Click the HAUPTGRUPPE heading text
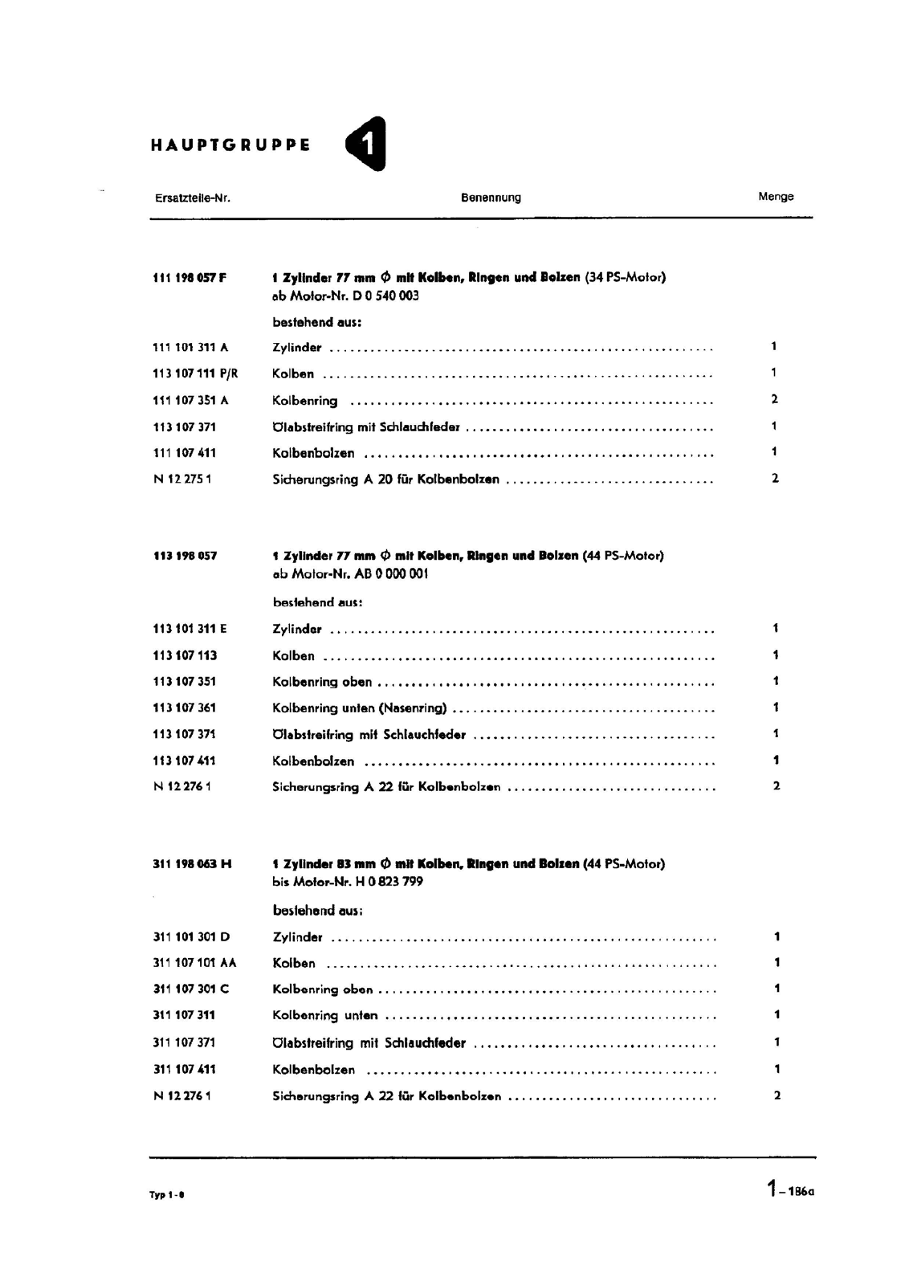click(x=230, y=145)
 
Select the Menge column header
click(x=776, y=197)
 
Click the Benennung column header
click(x=491, y=198)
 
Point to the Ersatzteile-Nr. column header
click(x=193, y=198)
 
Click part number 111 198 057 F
click(x=190, y=278)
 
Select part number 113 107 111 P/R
click(x=195, y=373)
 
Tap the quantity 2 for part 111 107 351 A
click(x=774, y=399)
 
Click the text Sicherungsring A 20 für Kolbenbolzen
click(x=385, y=479)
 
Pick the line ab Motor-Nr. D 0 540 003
click(x=345, y=296)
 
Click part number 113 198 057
click(x=185, y=556)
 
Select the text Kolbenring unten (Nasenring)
click(x=359, y=708)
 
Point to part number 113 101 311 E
click(x=190, y=629)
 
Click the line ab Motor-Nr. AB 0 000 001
click(x=350, y=574)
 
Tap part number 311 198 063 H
click(x=192, y=864)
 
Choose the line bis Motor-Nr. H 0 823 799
click(x=348, y=882)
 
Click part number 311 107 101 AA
click(x=194, y=963)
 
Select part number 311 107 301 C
click(x=191, y=989)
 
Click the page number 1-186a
click(x=790, y=1189)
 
